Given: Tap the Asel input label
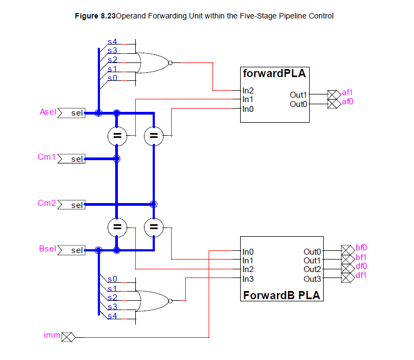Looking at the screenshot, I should pos(48,112).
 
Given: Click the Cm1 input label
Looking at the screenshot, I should pos(47,157).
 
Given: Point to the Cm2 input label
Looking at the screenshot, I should pos(47,204).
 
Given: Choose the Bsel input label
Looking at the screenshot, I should pos(48,249).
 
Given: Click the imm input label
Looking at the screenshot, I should pos(52,336).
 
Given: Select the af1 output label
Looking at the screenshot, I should pos(348,93).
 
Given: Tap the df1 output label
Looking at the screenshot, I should pos(361,275).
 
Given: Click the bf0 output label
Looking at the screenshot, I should pos(361,248).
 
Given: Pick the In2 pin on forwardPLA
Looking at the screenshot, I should pos(248,90).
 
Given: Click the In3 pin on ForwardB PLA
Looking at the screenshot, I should pos(248,279).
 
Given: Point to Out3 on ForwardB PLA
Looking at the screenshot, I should pos(312,279).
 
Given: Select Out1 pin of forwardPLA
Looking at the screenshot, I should pos(299,95).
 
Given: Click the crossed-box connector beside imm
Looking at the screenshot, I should pos(68,337).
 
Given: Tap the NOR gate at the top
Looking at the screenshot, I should pos(154,63).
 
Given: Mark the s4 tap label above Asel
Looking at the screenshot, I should pos(112,41).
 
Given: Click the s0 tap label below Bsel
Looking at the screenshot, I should pos(112,279).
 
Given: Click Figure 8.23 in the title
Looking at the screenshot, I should pos(95,16).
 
